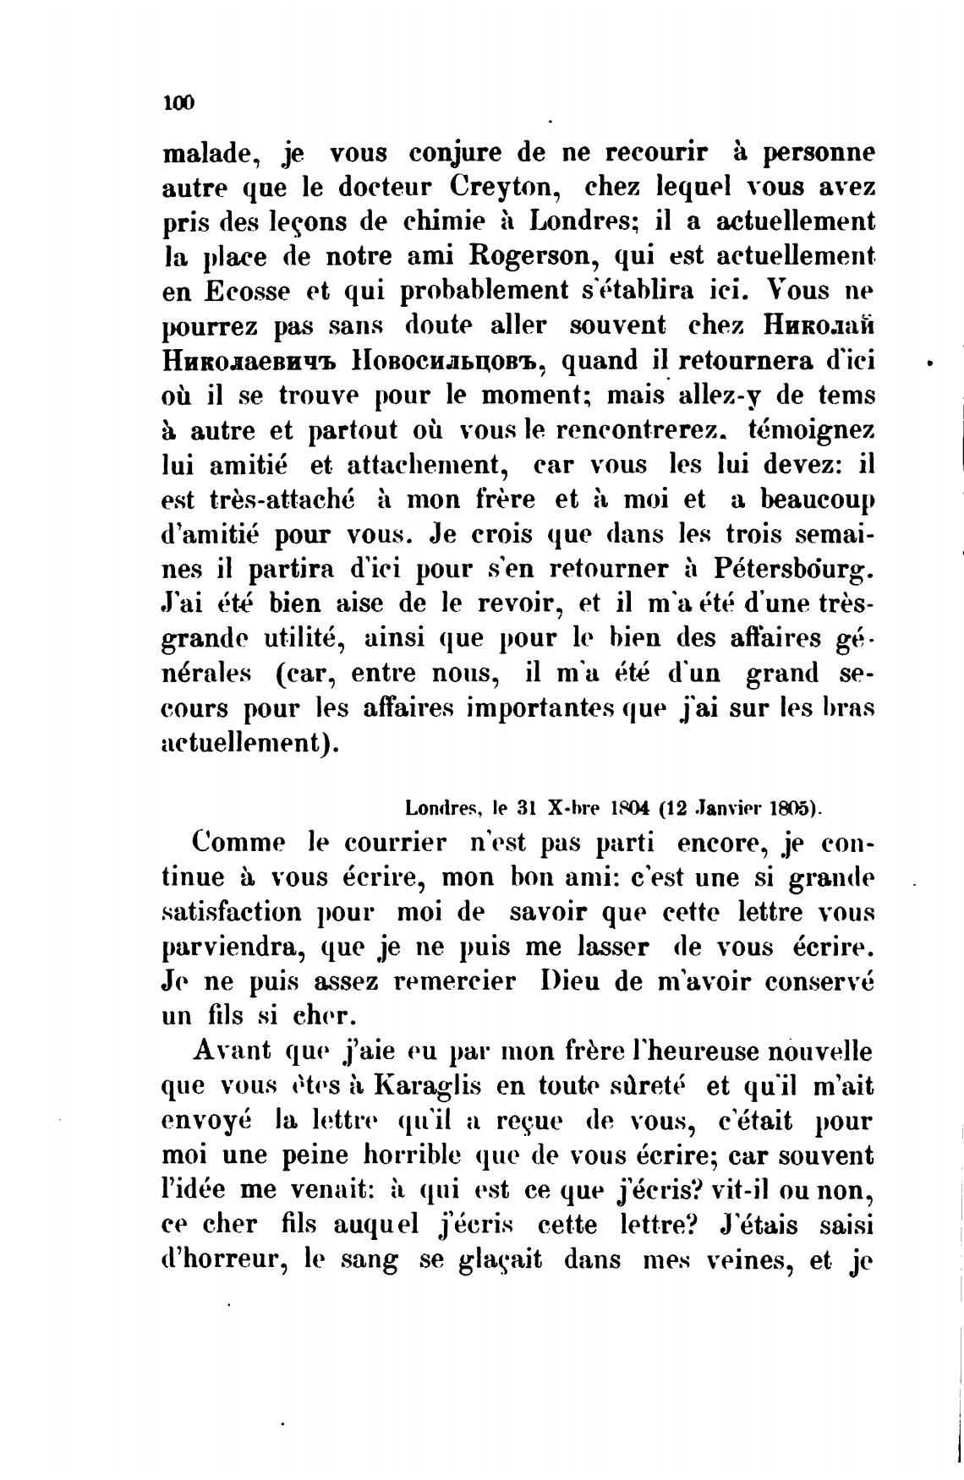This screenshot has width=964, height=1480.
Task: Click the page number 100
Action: coord(178,102)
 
